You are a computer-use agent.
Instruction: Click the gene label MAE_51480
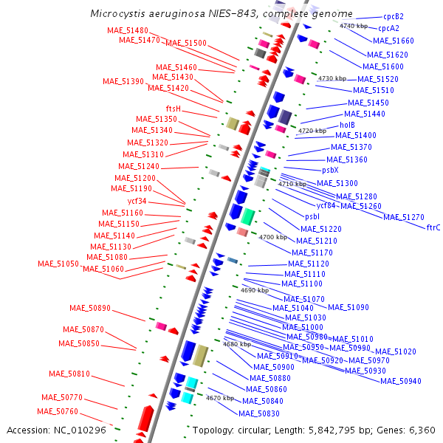(128, 30)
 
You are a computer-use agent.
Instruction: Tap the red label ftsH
(174, 109)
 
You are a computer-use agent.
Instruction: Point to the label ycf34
(137, 201)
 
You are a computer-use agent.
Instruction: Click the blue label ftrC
(433, 227)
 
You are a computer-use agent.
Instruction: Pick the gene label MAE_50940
(401, 381)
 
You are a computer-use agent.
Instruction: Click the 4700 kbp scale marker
(272, 237)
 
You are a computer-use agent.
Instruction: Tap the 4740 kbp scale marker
(353, 26)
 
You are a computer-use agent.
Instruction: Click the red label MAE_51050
(58, 264)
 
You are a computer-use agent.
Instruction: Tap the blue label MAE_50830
(259, 413)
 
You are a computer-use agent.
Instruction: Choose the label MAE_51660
(394, 41)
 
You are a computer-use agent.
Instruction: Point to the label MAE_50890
(90, 308)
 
